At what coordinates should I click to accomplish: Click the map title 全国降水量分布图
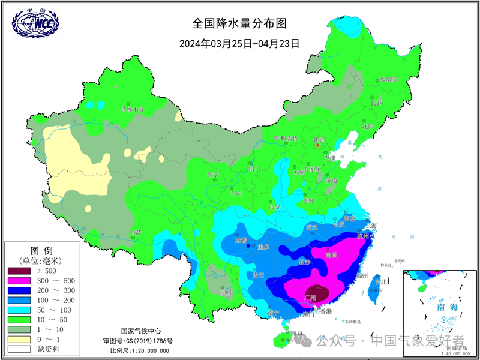[239, 23]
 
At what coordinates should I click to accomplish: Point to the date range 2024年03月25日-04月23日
[239, 43]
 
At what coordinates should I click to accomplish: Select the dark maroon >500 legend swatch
[22, 271]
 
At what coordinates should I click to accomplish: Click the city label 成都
[241, 241]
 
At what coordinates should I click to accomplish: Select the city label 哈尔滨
[388, 80]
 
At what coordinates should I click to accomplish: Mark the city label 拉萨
[136, 232]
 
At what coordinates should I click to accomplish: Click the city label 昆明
[226, 293]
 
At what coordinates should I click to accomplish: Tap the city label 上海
[370, 226]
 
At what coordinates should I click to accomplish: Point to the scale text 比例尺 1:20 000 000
[140, 350]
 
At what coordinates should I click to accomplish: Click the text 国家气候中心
[140, 331]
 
